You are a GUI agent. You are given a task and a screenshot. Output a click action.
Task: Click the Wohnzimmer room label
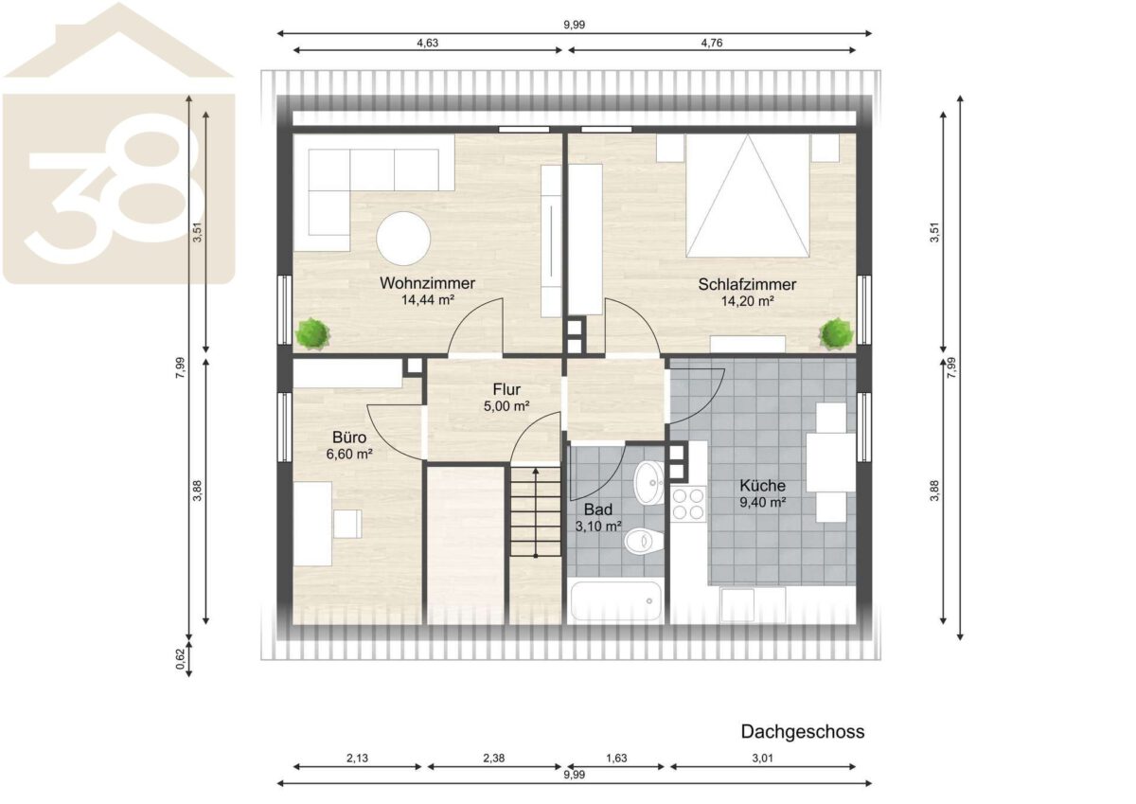(x=427, y=283)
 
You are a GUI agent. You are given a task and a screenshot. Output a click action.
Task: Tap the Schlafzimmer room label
(x=747, y=284)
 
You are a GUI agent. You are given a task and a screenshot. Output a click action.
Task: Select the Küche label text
(x=762, y=486)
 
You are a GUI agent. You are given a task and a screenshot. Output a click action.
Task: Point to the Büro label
(x=349, y=438)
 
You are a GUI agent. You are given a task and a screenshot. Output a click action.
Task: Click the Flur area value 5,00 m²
(x=506, y=406)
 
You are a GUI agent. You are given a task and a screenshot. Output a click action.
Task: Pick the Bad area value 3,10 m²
(x=598, y=526)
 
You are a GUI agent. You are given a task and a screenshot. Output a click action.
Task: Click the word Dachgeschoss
(x=803, y=731)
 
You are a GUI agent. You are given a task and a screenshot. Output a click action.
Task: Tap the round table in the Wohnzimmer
(x=403, y=239)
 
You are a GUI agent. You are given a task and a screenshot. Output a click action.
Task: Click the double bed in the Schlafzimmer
(x=747, y=195)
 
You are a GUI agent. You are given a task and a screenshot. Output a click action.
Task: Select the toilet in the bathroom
(x=643, y=542)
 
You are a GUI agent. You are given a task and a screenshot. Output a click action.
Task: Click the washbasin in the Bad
(x=648, y=482)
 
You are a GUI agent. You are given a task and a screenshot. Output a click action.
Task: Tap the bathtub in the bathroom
(x=616, y=601)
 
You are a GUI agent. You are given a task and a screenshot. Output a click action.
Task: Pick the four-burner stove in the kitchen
(x=688, y=504)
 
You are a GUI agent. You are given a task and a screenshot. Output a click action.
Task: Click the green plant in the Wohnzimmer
(x=311, y=333)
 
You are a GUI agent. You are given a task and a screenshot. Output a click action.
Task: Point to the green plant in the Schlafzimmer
(x=836, y=333)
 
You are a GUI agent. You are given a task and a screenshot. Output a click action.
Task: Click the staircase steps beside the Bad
(x=536, y=511)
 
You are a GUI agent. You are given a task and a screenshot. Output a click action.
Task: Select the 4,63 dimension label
(x=428, y=44)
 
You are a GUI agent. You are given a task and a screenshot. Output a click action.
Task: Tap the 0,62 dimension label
(x=181, y=659)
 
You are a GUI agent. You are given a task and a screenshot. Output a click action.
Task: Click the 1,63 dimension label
(x=616, y=758)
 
